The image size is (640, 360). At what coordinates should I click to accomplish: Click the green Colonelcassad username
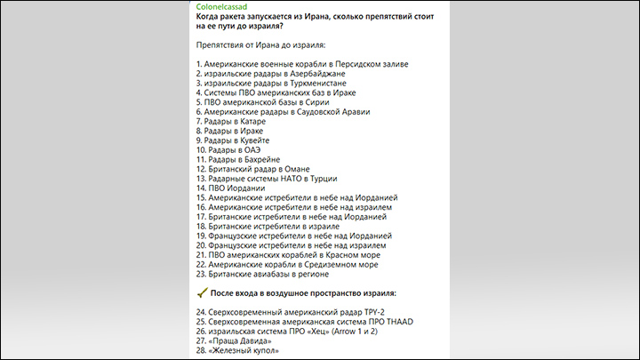click(228, 7)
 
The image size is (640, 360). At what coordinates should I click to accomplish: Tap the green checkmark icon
click(201, 292)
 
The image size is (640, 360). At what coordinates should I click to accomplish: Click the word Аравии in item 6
click(351, 112)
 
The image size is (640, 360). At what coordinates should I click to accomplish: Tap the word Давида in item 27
click(252, 340)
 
